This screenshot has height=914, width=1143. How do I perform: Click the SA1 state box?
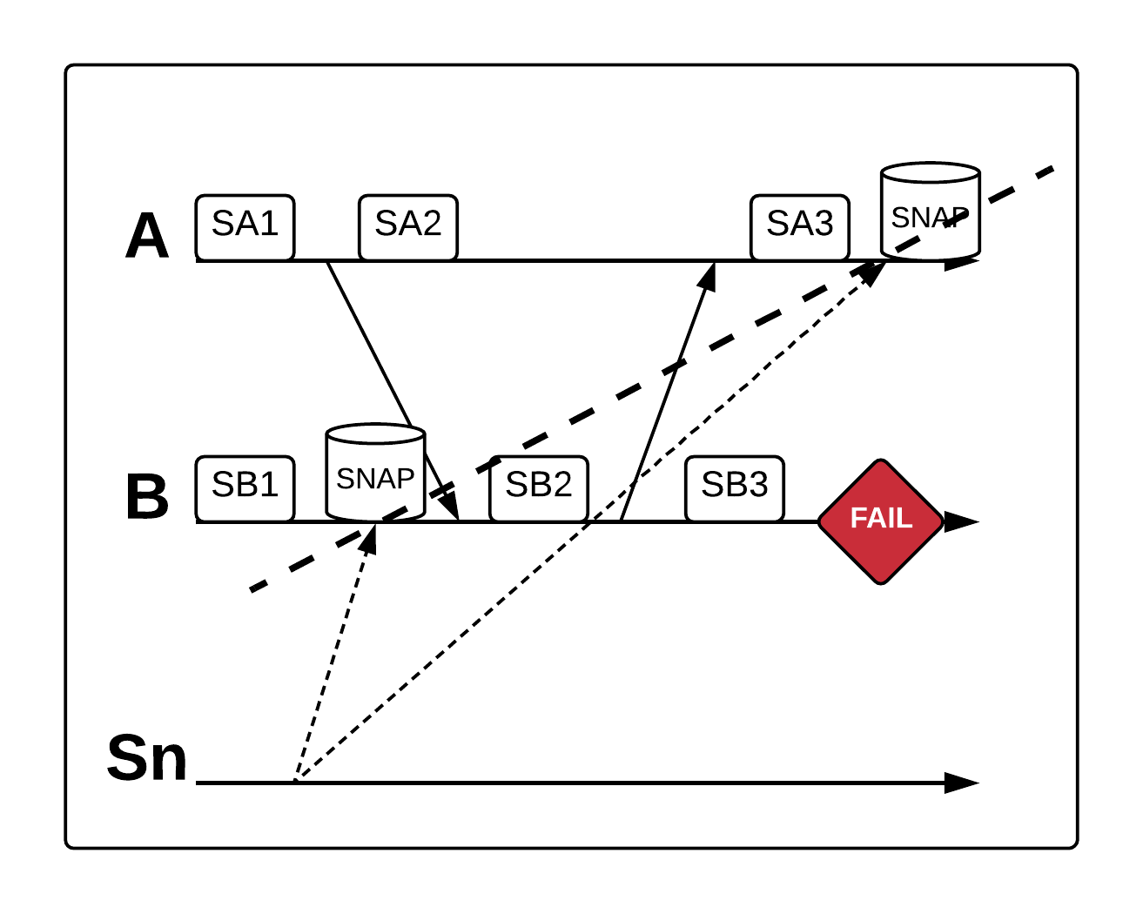[245, 226]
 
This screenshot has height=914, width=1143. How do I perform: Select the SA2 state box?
[407, 226]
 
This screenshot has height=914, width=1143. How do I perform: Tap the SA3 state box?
[799, 226]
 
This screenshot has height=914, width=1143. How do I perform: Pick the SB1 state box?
[245, 487]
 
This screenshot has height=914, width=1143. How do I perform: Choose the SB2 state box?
[538, 487]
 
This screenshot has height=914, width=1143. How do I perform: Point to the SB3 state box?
[734, 487]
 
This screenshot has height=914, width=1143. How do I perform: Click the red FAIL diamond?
[881, 521]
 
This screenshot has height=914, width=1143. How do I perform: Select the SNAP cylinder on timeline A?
[930, 212]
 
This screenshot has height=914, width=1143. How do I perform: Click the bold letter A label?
[146, 236]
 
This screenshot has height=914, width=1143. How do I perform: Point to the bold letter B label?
[146, 497]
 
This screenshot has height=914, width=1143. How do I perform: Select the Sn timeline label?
[146, 758]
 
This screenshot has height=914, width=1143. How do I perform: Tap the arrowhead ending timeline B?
[962, 521]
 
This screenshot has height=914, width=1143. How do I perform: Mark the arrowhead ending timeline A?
[962, 261]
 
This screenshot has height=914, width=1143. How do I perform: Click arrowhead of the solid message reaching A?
[709, 274]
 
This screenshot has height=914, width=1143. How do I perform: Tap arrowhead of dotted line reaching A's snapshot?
[872, 271]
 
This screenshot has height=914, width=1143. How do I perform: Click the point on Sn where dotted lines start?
[296, 781]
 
